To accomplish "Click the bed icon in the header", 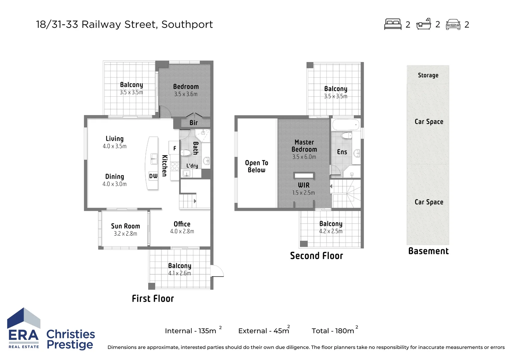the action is click(x=393, y=24).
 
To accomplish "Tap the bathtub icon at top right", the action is click(x=424, y=24).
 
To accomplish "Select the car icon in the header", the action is click(x=453, y=25).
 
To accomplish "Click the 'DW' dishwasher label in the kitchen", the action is click(x=153, y=176).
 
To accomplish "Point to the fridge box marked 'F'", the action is click(x=174, y=148).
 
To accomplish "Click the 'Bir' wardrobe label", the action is click(x=193, y=123).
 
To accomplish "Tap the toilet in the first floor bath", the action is click(x=186, y=153).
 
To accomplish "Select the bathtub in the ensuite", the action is click(x=346, y=125).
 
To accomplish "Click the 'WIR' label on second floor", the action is click(x=304, y=185).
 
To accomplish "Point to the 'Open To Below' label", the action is click(x=256, y=166).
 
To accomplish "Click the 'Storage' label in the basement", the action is click(x=428, y=75).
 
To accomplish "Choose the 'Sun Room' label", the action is click(x=125, y=226).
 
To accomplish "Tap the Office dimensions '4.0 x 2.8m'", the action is click(x=182, y=231).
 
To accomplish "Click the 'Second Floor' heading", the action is click(x=316, y=256).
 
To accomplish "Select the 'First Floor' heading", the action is click(x=153, y=299).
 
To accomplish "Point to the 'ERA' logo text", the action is click(x=23, y=335).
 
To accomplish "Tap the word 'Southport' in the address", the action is click(x=187, y=25).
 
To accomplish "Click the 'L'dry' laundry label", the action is click(x=192, y=166).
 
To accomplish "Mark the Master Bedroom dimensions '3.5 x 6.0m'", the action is click(x=304, y=157).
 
